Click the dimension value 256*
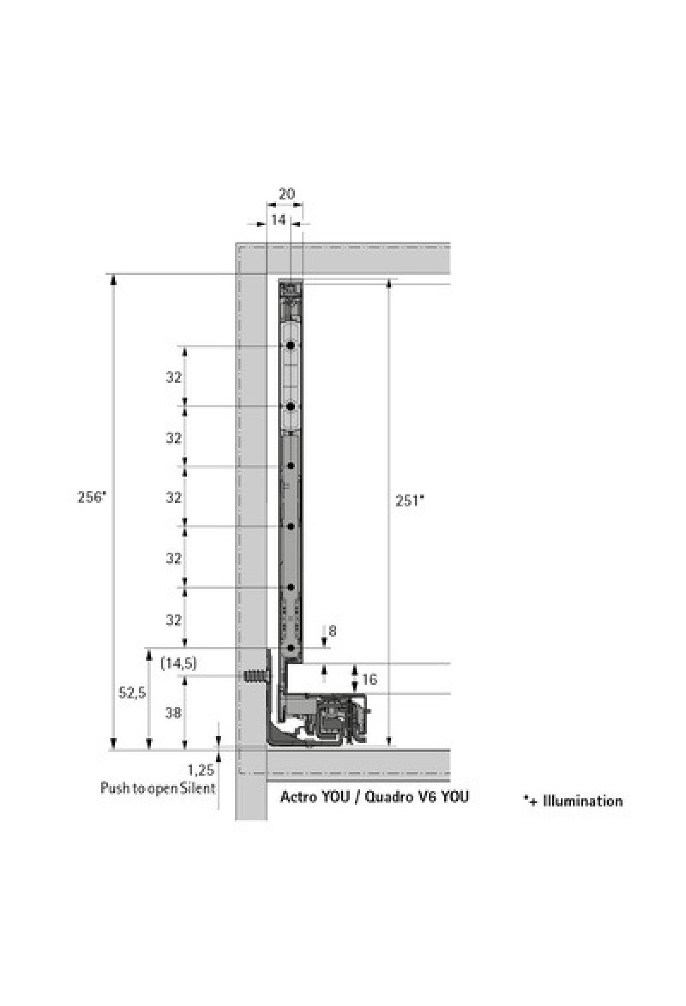[x=92, y=497]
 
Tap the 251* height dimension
[x=410, y=501]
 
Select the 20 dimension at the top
[x=286, y=194]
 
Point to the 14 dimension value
[x=278, y=219]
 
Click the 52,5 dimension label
[x=132, y=693]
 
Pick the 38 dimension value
[x=173, y=712]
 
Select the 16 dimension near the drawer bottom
[x=370, y=678]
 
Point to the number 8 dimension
[x=333, y=630]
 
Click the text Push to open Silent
[x=158, y=788]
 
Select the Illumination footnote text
[x=573, y=800]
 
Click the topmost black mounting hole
[x=291, y=345]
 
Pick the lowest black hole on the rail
[x=291, y=648]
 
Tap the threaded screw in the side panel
[x=256, y=677]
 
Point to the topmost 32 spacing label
[x=174, y=377]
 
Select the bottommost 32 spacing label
[x=174, y=620]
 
